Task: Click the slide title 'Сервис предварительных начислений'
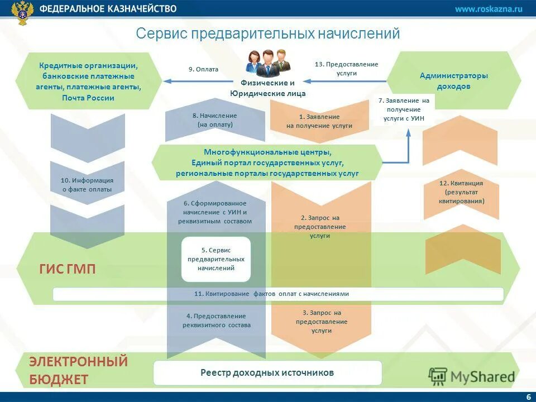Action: coord(268,34)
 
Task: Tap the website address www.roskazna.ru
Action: coord(488,8)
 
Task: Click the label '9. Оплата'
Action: coord(203,69)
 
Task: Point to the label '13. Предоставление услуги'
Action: coord(346,69)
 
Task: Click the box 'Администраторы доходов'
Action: coord(453,81)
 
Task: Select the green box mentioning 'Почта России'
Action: coord(88,82)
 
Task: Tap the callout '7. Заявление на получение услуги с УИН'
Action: coord(404,109)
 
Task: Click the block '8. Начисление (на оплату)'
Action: coord(215,120)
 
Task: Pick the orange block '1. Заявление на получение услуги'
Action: coord(319,121)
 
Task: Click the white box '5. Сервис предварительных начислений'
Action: coord(216,259)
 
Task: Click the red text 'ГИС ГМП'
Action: coord(68,269)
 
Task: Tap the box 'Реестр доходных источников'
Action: coord(267,372)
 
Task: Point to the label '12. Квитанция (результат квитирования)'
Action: coord(461,192)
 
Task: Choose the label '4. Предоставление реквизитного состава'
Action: coord(216,320)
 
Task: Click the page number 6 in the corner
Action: coord(528,396)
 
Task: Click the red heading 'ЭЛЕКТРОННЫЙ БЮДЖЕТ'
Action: coord(78,370)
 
